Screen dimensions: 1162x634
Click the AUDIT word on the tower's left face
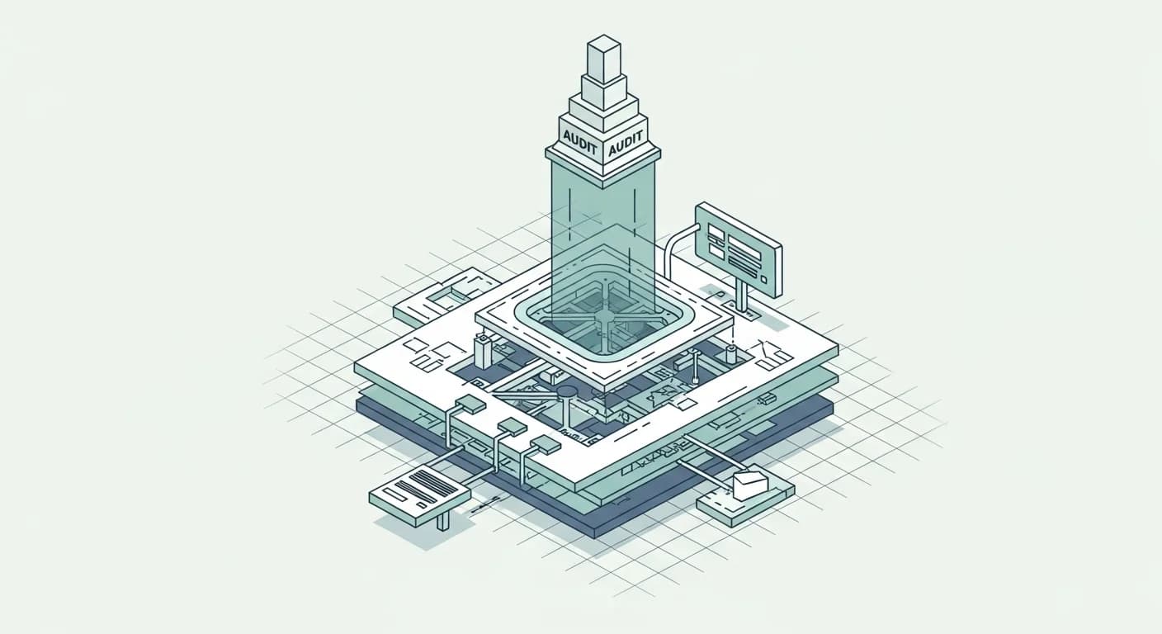point(579,140)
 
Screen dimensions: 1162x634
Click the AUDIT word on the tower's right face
point(625,143)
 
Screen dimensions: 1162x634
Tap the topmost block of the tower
point(604,58)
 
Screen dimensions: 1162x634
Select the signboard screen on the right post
point(738,249)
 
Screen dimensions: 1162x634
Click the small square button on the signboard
point(763,279)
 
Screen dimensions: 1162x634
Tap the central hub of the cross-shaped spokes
point(604,317)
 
